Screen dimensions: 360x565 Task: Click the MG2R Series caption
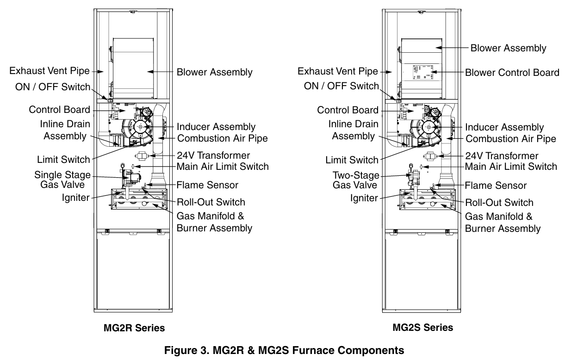134,328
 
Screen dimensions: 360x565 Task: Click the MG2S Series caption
422,328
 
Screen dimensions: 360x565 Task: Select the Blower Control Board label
512,73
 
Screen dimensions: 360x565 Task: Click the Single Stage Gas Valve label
62,180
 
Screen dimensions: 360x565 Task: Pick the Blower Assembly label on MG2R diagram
214,72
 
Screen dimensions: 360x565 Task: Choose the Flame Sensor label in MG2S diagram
496,186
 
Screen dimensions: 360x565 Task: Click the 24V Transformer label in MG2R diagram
214,155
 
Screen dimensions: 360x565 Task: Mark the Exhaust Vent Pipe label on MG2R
50,71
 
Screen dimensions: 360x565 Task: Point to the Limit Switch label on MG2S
351,160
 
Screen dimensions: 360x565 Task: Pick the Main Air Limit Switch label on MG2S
511,166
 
